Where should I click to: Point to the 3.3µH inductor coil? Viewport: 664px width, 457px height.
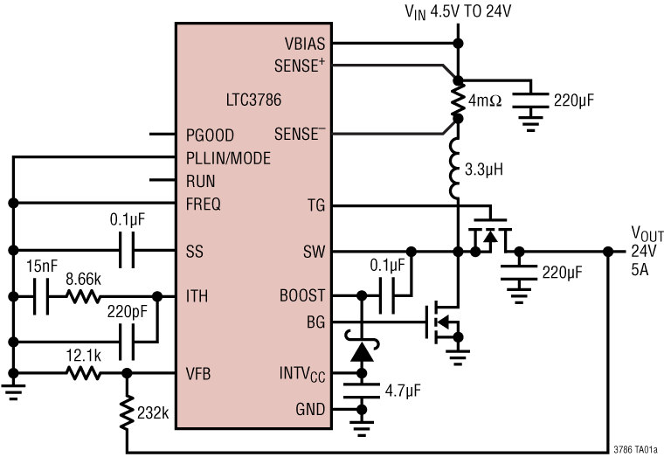[x=456, y=168]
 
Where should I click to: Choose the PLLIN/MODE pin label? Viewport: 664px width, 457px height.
[x=228, y=158]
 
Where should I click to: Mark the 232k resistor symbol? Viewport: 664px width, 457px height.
[x=127, y=411]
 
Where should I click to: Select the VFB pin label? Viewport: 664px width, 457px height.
[x=198, y=375]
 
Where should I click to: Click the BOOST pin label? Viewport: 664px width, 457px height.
[x=303, y=296]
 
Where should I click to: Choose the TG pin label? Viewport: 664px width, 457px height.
[x=315, y=205]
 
